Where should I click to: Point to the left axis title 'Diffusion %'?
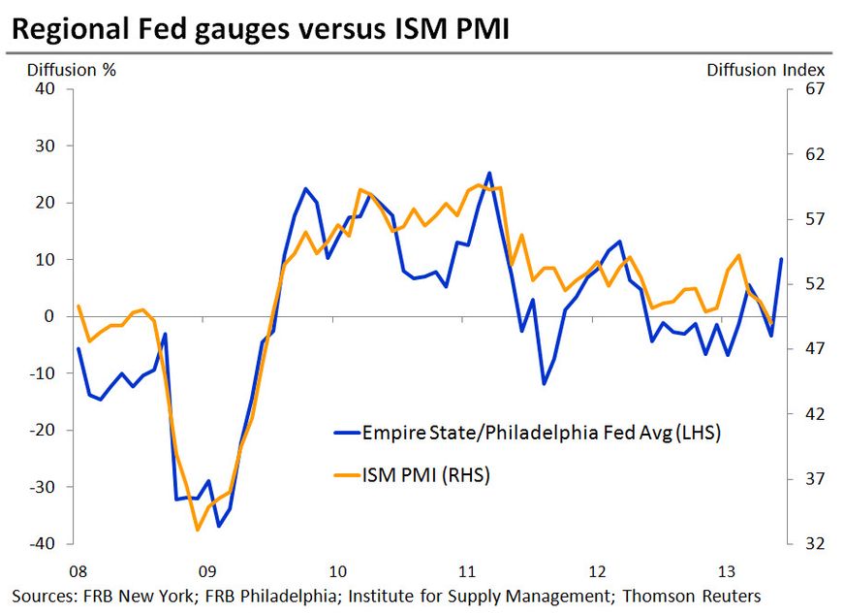click(x=61, y=70)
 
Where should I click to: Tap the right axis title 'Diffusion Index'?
click(x=766, y=70)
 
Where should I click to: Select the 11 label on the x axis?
click(x=466, y=569)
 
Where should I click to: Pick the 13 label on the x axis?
click(x=727, y=569)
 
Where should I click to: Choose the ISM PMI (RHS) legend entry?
click(x=427, y=474)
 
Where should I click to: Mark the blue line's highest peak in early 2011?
click(x=489, y=174)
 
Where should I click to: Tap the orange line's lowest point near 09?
click(x=197, y=530)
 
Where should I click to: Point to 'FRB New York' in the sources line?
click(x=128, y=596)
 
